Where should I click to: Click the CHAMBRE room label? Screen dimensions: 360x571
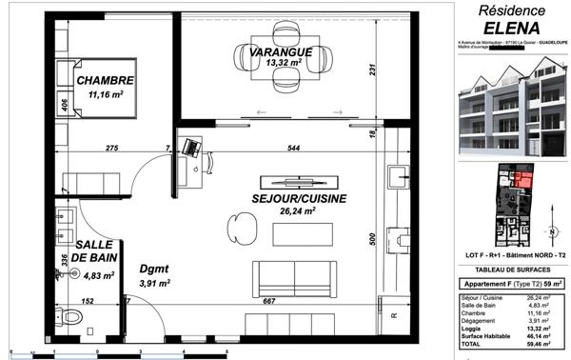tap(106, 80)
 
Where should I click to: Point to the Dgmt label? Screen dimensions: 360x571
tap(153, 270)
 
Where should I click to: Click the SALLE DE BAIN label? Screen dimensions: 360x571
tap(96, 250)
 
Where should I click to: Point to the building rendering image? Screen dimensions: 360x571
tap(512, 104)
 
